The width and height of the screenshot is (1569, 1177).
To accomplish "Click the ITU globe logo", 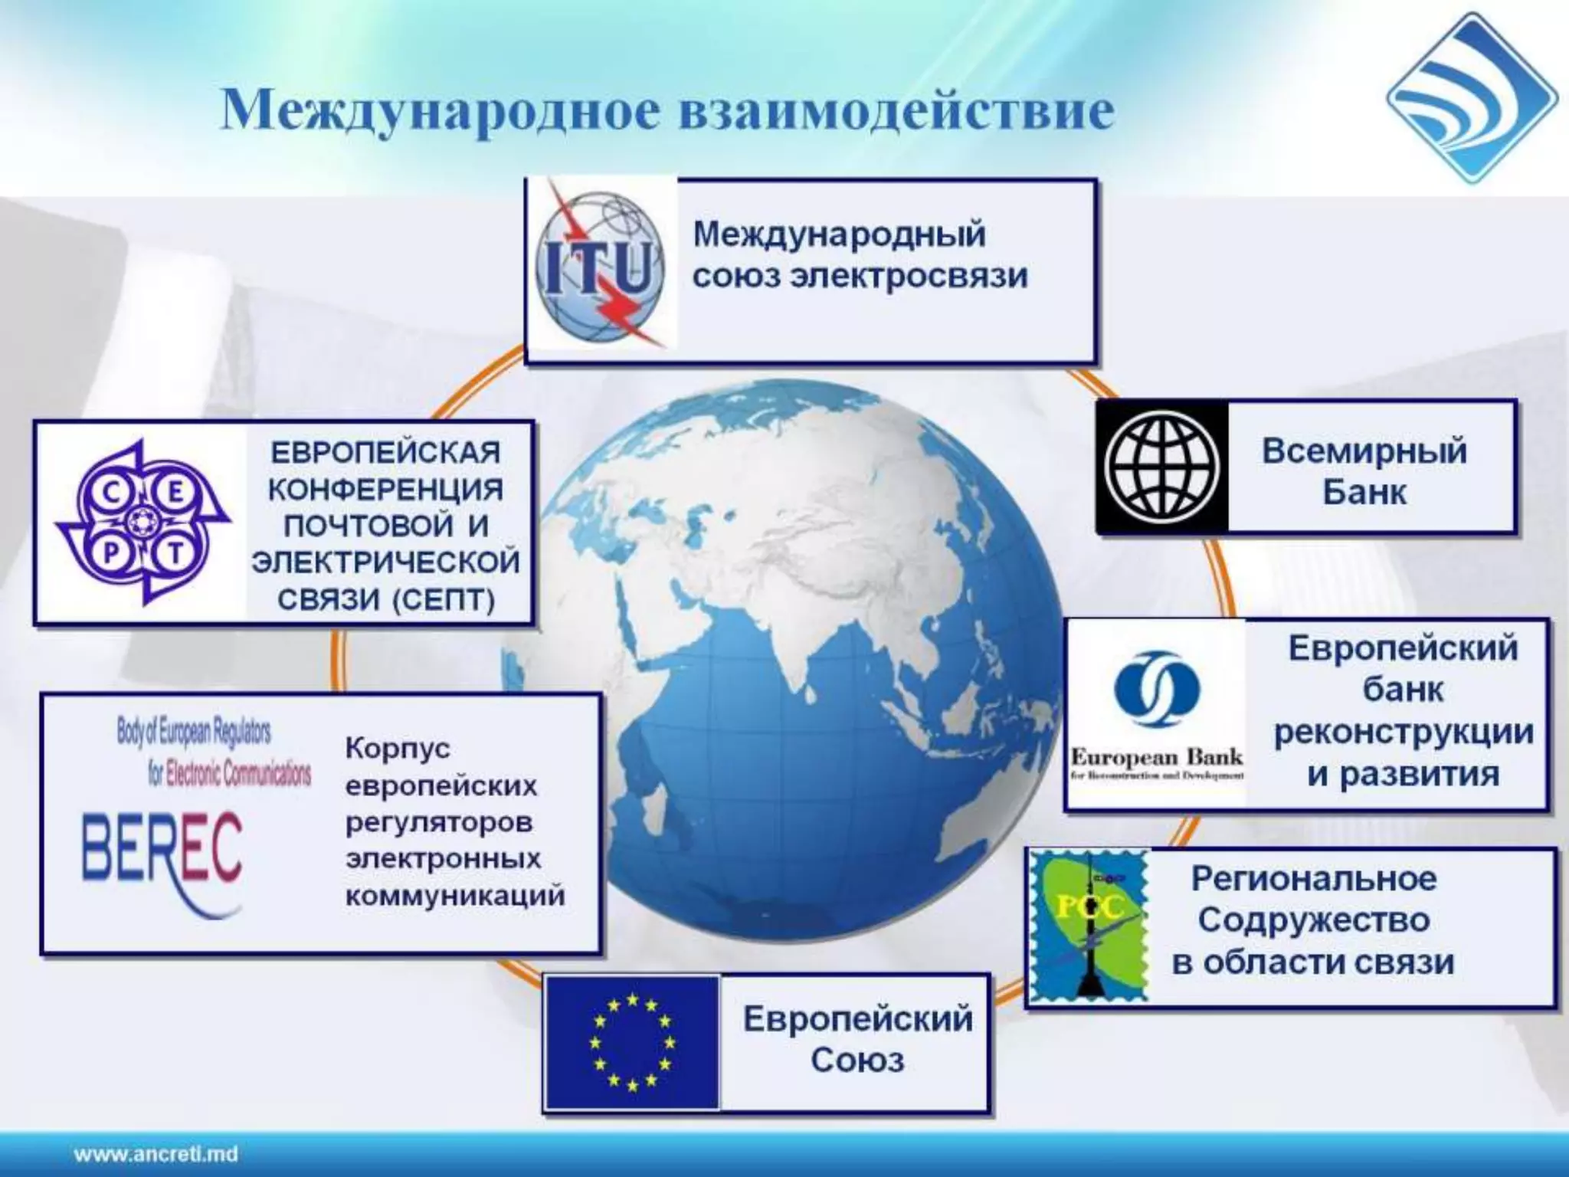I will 599,263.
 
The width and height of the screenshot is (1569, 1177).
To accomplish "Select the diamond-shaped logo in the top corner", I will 1472,98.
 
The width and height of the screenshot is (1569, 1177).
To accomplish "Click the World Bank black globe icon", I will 1161,467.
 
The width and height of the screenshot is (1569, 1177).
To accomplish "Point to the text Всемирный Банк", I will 1364,470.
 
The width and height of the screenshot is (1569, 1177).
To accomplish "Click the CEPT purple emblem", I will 143,521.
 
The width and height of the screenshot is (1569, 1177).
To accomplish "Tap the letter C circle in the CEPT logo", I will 112,493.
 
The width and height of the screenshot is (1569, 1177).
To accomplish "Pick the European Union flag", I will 631,1042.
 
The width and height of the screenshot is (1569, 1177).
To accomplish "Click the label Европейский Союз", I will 857,1039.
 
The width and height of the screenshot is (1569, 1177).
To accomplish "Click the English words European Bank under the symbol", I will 1156,758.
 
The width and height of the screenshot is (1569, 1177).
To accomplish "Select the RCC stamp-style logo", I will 1088,926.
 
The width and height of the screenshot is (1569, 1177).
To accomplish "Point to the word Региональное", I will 1313,879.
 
